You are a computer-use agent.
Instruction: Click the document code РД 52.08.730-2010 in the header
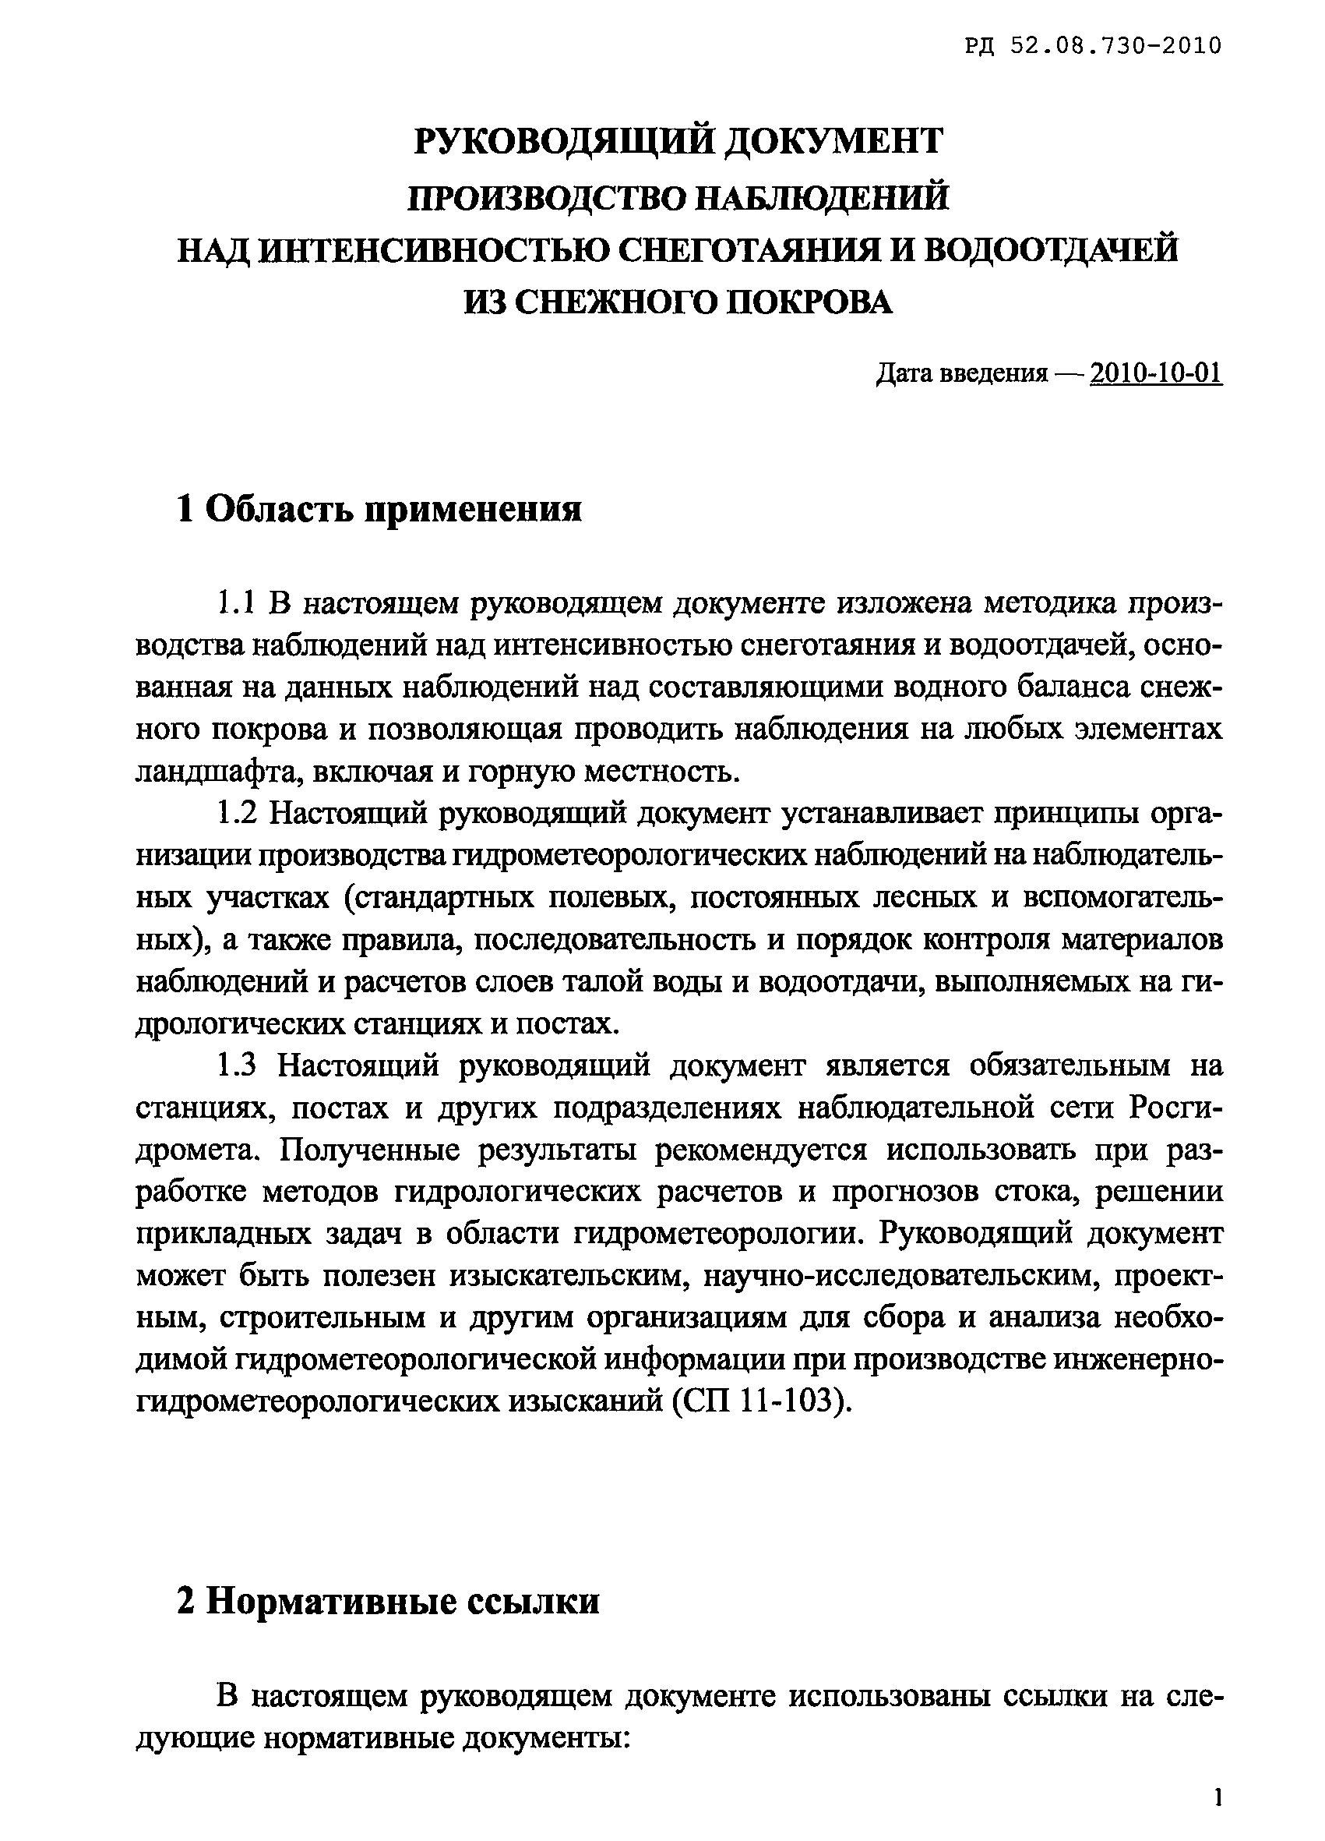tap(1093, 46)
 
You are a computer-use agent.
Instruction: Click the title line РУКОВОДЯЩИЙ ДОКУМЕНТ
tap(678, 141)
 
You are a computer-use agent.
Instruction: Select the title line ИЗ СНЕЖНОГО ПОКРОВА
tap(678, 302)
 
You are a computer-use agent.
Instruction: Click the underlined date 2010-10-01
tap(1156, 373)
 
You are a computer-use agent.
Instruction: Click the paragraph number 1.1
tap(237, 603)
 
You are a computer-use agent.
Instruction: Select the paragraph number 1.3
tap(237, 1065)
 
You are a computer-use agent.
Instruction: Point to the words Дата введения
tap(962, 374)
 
